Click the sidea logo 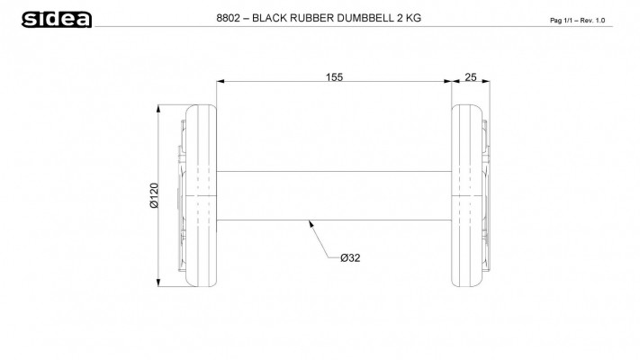coord(57,19)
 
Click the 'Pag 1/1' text coord(561,21)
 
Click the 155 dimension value coord(334,77)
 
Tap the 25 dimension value coord(471,77)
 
